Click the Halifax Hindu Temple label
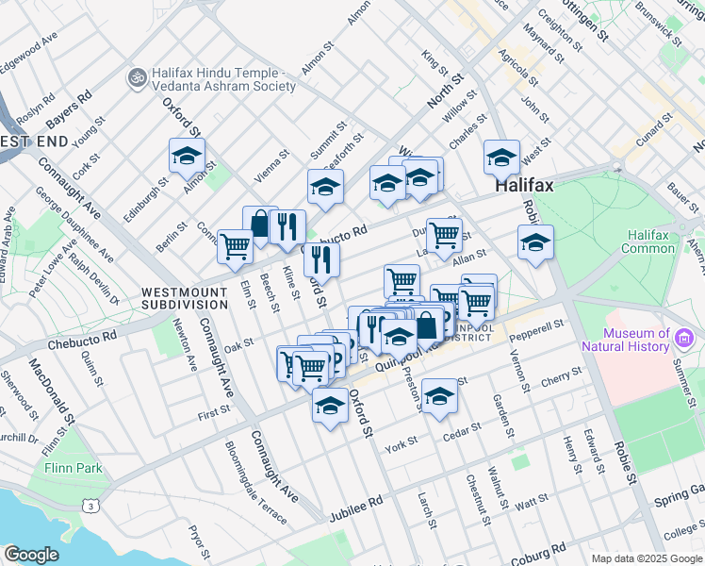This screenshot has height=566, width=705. click(x=221, y=79)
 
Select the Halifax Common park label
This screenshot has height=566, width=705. click(x=648, y=241)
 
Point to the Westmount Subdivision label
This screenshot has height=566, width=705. click(x=185, y=299)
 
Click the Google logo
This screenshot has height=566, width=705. click(x=31, y=555)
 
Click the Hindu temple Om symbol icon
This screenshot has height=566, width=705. click(x=137, y=74)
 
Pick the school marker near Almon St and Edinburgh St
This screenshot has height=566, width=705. click(x=187, y=155)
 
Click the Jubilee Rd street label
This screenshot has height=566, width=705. click(x=355, y=510)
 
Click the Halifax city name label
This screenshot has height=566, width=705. click(x=525, y=186)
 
